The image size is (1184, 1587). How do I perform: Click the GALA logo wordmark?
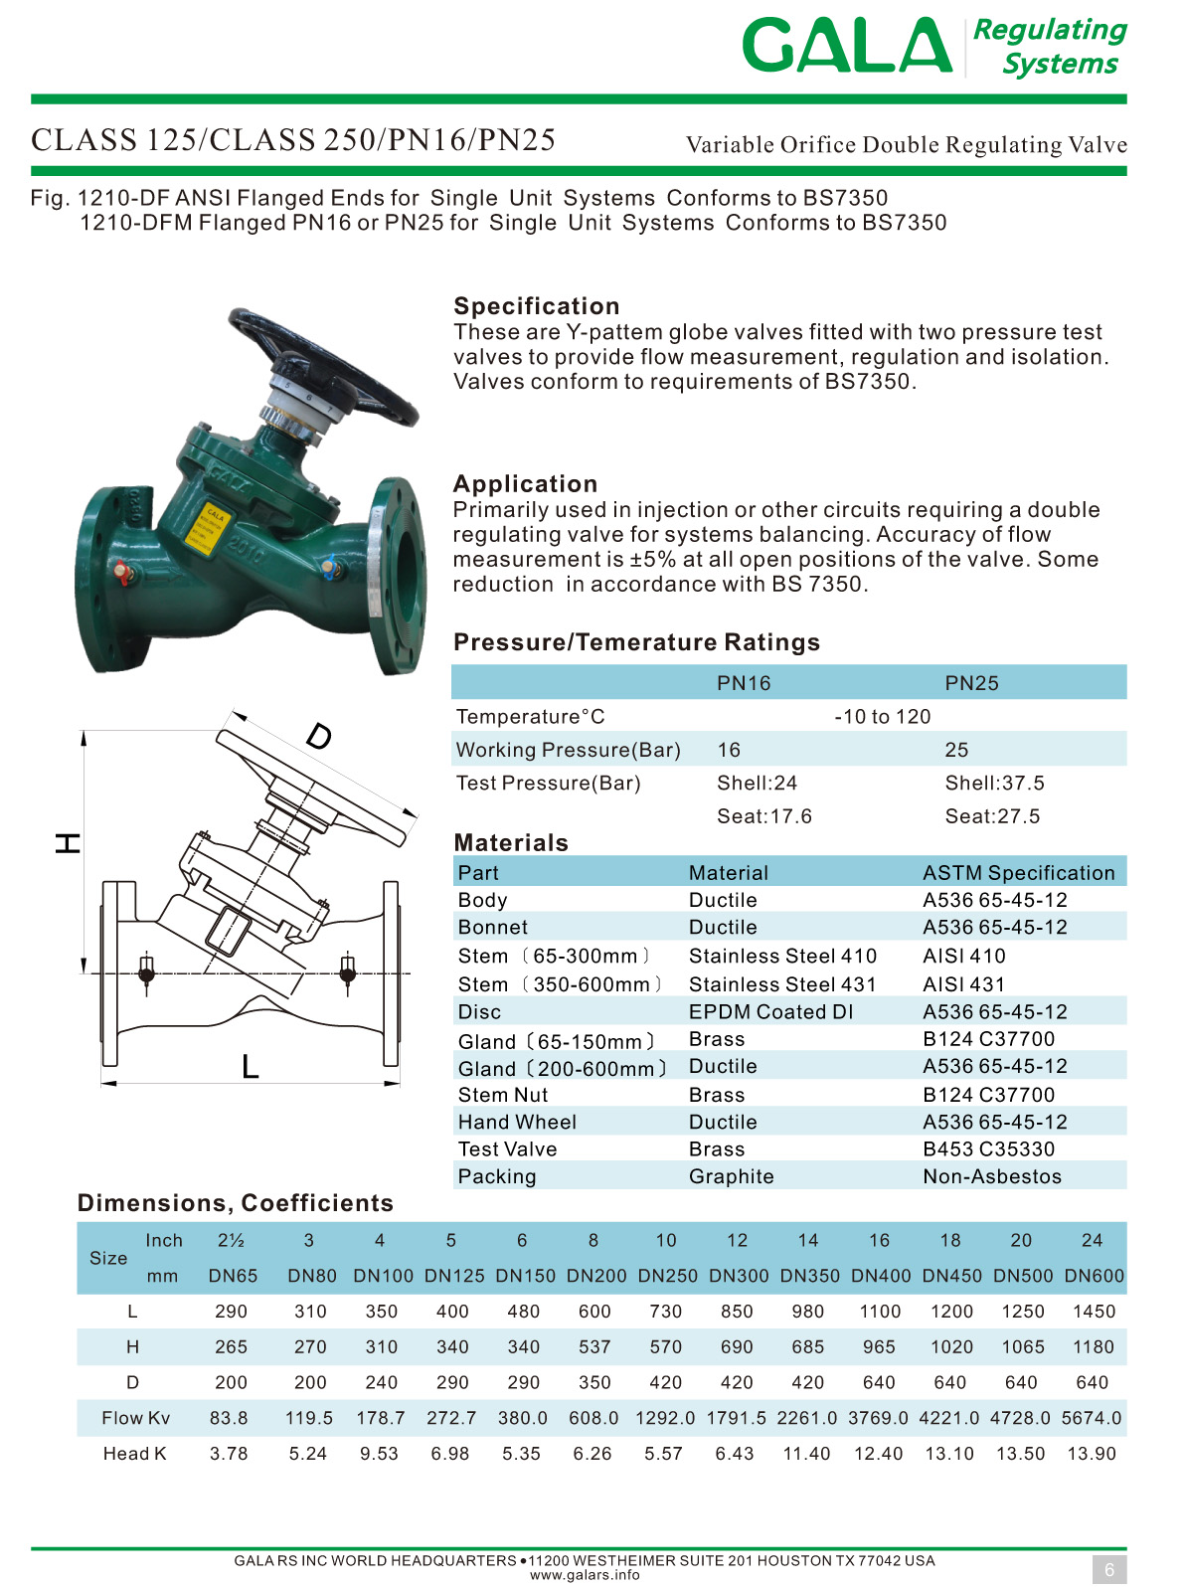tap(846, 45)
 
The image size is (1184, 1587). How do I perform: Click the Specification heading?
tap(537, 306)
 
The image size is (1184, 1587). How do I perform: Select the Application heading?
tap(526, 483)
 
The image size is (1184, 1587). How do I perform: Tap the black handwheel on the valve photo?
tap(323, 366)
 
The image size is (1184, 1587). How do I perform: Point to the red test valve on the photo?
tap(122, 573)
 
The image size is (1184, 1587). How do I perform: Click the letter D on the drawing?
tap(319, 737)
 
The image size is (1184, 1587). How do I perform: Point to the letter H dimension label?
tap(68, 843)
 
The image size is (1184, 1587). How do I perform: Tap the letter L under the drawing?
tap(251, 1066)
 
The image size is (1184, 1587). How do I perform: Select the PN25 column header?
tap(971, 683)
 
